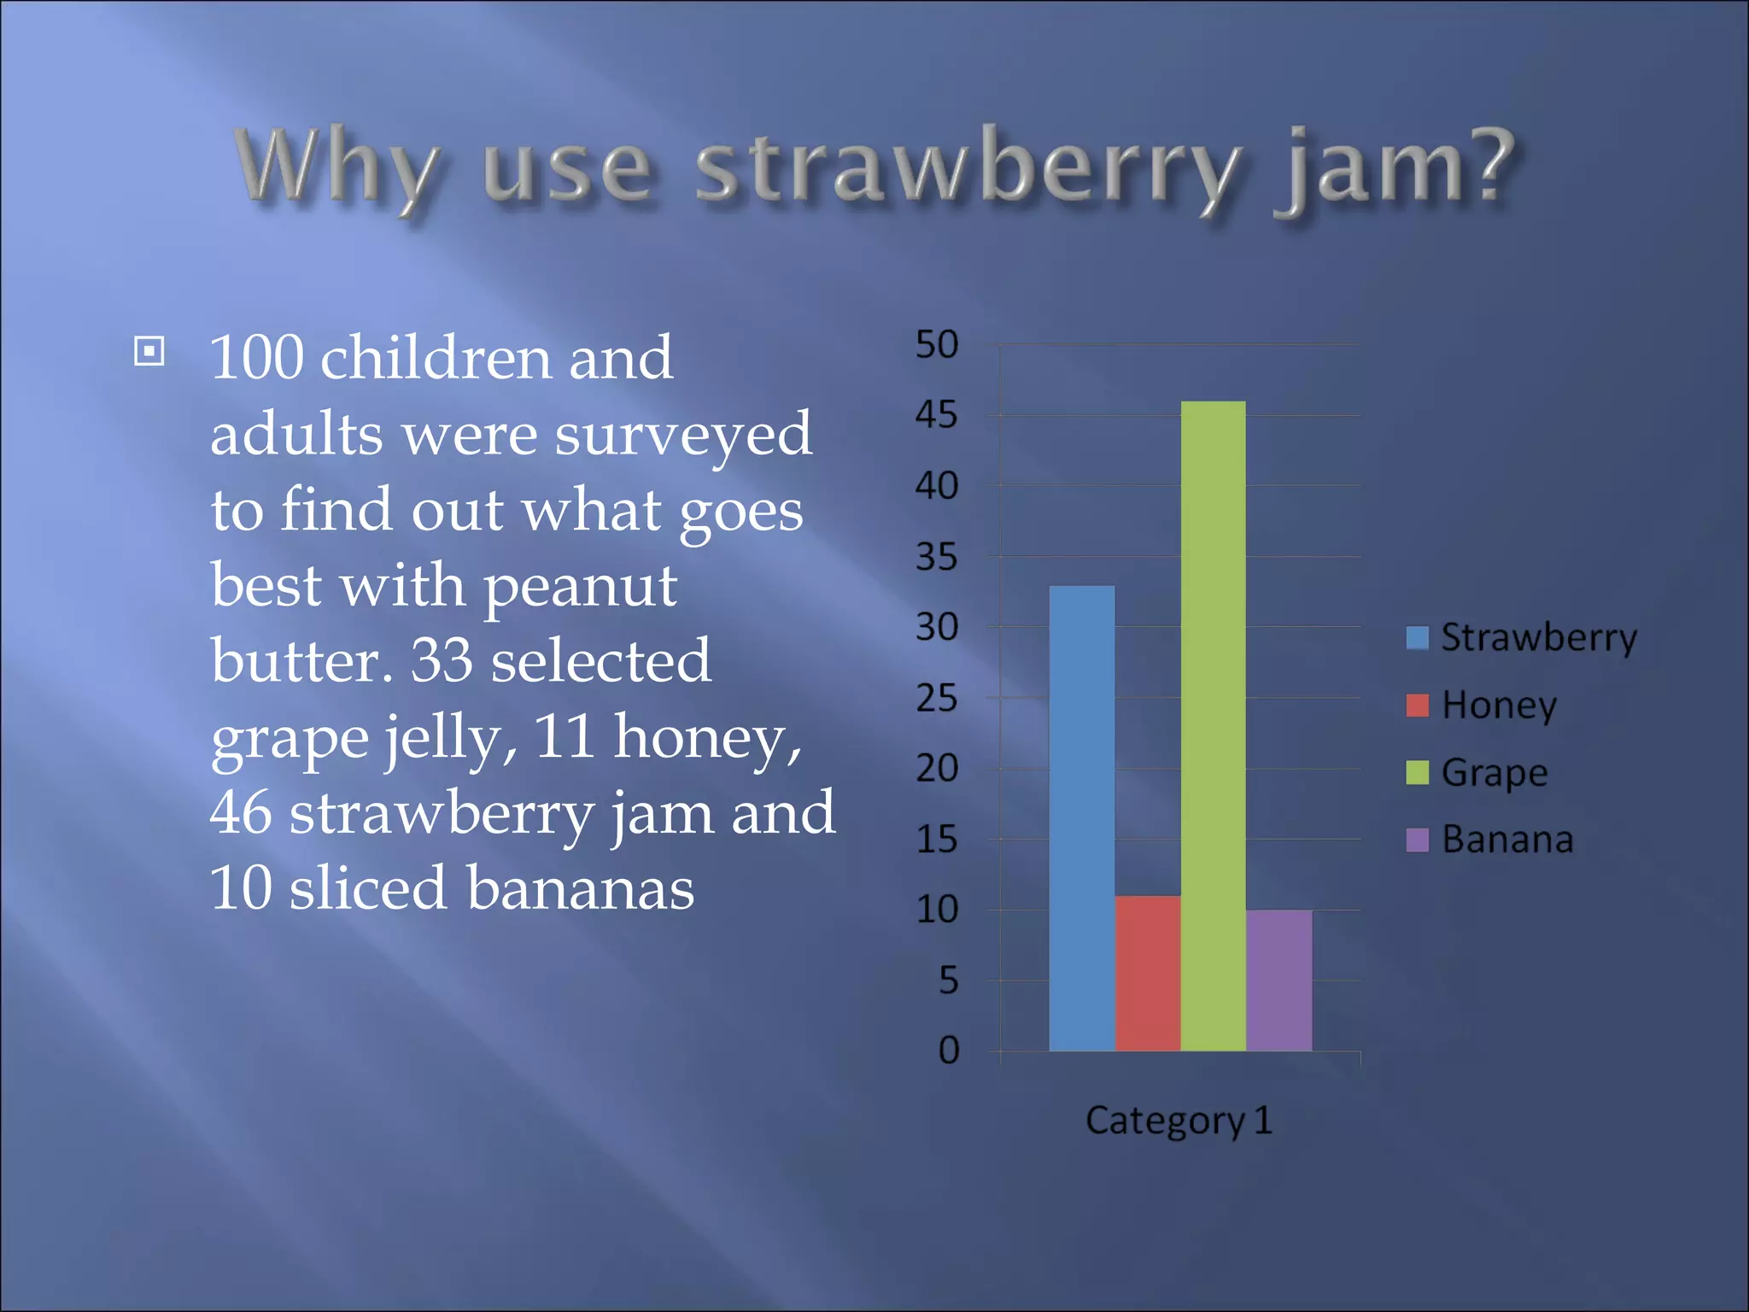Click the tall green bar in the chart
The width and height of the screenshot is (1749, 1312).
coord(1213,726)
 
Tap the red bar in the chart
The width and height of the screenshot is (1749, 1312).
coord(1147,973)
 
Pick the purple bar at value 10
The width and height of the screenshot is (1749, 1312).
coord(1278,980)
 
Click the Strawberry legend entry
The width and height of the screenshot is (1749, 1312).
coord(1522,638)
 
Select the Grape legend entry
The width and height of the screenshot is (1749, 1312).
coord(1478,772)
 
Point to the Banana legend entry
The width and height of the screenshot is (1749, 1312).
coord(1491,840)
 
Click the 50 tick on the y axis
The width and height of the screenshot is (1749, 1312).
coord(937,345)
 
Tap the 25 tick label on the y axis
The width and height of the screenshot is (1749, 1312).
coord(937,699)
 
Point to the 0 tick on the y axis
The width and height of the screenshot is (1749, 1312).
coord(948,1051)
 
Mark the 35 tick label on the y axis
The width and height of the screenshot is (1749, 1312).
coord(937,558)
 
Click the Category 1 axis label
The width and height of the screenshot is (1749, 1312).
coord(1179,1121)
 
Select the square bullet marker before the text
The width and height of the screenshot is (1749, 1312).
coord(149,351)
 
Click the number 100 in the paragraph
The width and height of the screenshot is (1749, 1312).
coord(257,357)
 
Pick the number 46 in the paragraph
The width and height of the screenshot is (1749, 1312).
coord(241,812)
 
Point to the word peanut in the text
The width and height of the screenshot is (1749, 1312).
coord(581,588)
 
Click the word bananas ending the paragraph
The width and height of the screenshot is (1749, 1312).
coord(581,888)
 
